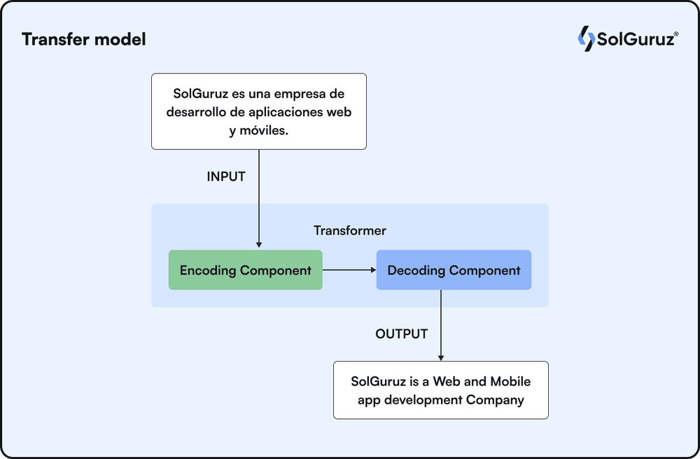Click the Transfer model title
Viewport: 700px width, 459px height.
click(84, 39)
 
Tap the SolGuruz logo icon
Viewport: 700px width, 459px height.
click(585, 39)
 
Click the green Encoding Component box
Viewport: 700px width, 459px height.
click(245, 270)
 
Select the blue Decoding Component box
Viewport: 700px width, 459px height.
click(454, 270)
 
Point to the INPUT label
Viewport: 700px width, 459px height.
click(226, 177)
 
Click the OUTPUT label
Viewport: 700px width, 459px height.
click(401, 334)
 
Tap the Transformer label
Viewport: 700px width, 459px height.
click(349, 231)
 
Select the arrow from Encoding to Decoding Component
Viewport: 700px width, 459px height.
click(349, 270)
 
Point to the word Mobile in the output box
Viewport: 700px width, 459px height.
click(510, 382)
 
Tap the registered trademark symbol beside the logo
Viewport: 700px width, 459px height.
click(675, 33)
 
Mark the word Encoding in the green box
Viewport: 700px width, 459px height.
click(208, 270)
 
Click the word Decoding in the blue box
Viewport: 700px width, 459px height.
click(416, 270)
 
